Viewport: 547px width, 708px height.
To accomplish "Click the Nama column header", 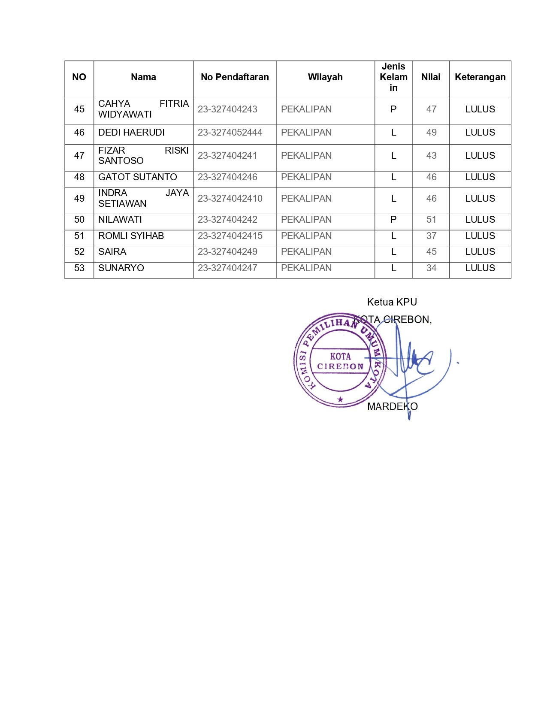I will click(x=143, y=77).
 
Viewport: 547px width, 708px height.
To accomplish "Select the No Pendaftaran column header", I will click(x=235, y=77).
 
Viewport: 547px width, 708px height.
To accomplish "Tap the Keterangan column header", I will click(x=480, y=77).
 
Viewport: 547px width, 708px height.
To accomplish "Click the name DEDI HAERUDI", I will click(x=131, y=133).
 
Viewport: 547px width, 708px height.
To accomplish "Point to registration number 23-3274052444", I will click(x=230, y=133).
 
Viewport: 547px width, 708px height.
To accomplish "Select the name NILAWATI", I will click(x=120, y=220).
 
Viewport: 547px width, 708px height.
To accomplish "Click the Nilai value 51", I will click(x=431, y=220).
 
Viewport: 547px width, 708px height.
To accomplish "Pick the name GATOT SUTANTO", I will click(x=137, y=177).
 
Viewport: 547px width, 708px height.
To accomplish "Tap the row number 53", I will click(x=79, y=268).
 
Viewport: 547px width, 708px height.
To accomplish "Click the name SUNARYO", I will click(x=121, y=268).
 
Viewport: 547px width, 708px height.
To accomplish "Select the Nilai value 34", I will click(x=431, y=268).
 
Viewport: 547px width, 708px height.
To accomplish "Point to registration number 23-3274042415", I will click(x=230, y=236).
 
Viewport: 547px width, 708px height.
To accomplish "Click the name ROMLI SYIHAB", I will click(x=131, y=236).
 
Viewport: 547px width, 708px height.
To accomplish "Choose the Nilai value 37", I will click(x=431, y=236).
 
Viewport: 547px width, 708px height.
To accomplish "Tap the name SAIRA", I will click(x=112, y=252).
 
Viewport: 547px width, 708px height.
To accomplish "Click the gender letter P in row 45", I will click(x=393, y=109).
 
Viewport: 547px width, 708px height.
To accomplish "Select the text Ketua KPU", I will click(x=392, y=302).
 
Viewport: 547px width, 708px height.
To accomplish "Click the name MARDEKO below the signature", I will click(x=392, y=406).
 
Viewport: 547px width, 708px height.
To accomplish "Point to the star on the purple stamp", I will click(x=340, y=399).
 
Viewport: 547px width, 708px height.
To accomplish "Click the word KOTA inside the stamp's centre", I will click(x=340, y=356).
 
